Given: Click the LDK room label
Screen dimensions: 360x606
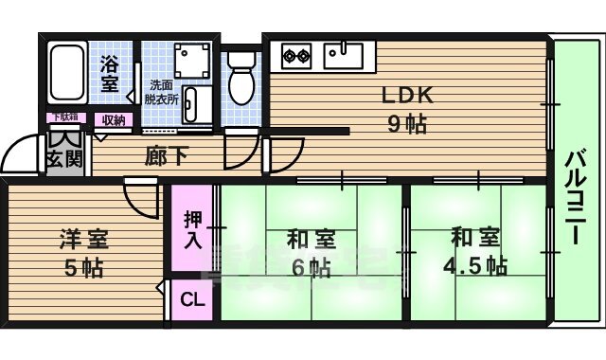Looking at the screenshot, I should pyautogui.click(x=407, y=95).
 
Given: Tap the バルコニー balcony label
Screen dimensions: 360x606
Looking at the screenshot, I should pyautogui.click(x=574, y=198).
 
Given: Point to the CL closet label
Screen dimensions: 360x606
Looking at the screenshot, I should pyautogui.click(x=192, y=300).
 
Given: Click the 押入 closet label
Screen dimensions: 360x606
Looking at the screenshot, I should pyautogui.click(x=192, y=229).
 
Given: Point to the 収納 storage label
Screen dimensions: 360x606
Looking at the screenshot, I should pyautogui.click(x=114, y=119).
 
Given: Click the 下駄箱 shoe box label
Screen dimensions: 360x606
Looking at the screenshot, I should pyautogui.click(x=64, y=117).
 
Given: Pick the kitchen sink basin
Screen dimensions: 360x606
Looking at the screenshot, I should pyautogui.click(x=342, y=55).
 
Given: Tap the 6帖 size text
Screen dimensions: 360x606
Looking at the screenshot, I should pyautogui.click(x=311, y=268).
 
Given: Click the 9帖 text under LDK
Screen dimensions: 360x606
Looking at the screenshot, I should pyautogui.click(x=407, y=123).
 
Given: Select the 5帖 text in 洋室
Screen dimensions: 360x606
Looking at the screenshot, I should pyautogui.click(x=83, y=268).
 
